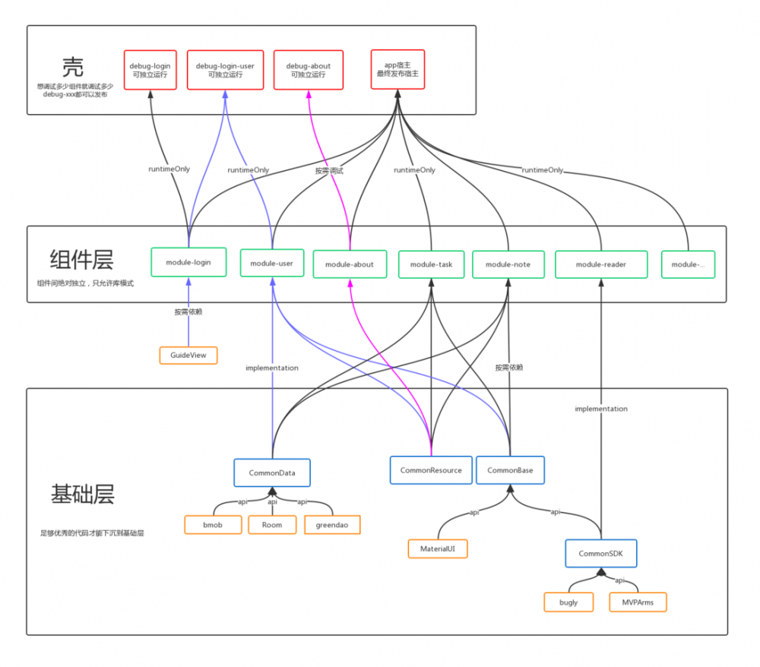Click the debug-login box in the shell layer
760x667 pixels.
150,70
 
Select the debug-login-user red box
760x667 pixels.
225,70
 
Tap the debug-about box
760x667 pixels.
308,70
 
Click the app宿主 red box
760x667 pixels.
397,69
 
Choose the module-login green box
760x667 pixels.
188,262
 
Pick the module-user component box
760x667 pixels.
271,263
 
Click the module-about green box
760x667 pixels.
349,264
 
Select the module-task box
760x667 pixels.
431,264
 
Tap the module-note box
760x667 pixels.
507,264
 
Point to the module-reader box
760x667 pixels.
601,264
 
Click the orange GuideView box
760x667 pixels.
188,355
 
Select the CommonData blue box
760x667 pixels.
271,473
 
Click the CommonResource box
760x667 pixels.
431,469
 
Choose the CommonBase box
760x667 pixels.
510,469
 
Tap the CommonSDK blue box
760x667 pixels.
600,553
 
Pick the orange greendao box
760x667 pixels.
332,524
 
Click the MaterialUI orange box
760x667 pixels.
438,548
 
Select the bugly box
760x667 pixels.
568,602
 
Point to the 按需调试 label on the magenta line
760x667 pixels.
329,171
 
